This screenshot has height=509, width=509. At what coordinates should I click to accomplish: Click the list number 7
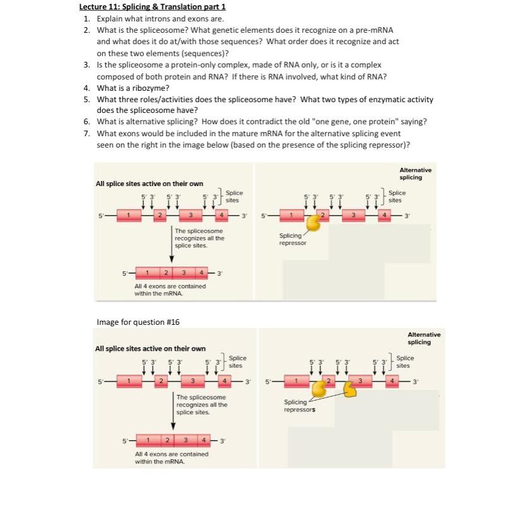click(86, 134)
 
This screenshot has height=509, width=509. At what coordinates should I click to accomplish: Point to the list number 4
click(86, 88)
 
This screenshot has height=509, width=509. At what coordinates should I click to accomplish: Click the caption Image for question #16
click(138, 322)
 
